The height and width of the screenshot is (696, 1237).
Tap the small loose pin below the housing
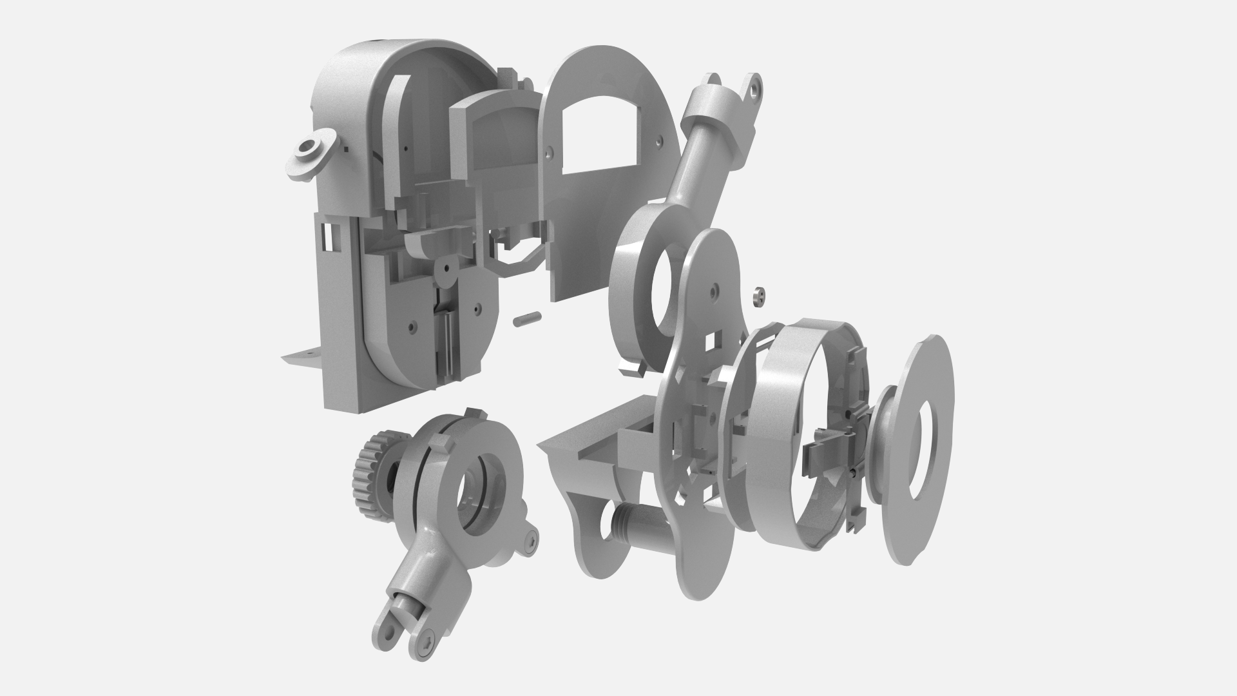tap(527, 318)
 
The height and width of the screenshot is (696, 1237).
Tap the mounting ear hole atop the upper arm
tap(754, 84)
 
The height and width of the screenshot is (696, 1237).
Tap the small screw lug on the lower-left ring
tap(530, 541)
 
